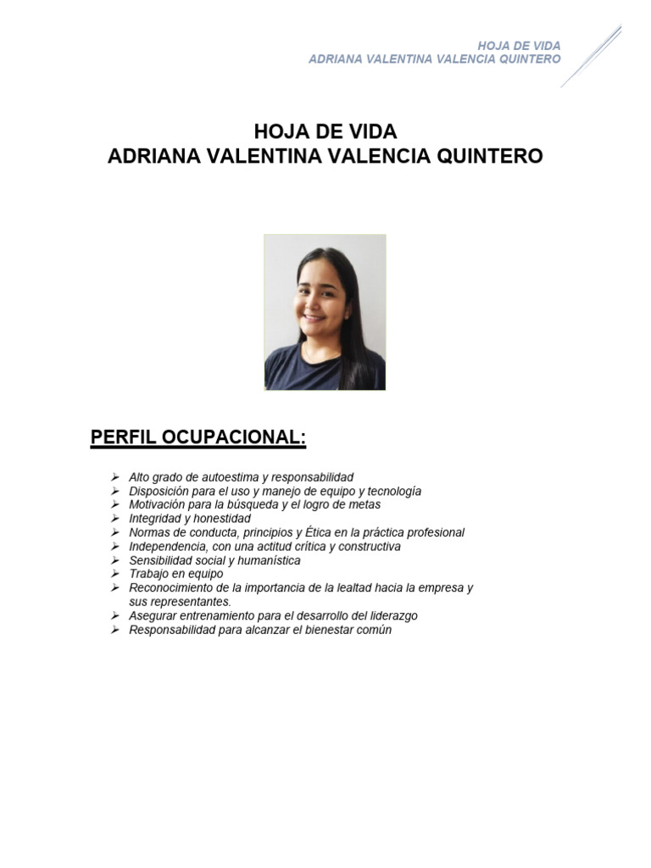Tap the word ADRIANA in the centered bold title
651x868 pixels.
tap(150, 157)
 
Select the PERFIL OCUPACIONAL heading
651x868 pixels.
tap(198, 437)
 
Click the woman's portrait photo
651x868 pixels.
tap(325, 312)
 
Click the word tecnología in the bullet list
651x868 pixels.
tap(392, 491)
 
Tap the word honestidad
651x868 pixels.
tap(220, 518)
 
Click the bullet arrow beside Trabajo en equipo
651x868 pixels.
tap(114, 574)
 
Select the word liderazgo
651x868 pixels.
tap(389, 615)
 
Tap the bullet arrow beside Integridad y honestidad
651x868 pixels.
tap(114, 518)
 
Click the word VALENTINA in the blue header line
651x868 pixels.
tap(409, 59)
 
